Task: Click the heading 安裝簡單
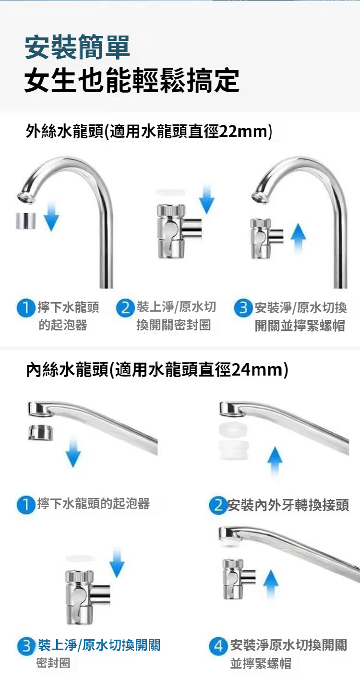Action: [x=77, y=47]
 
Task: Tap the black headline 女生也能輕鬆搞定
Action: [x=132, y=80]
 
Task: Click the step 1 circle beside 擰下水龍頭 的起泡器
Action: [x=26, y=308]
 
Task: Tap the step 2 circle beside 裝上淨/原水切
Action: [x=125, y=308]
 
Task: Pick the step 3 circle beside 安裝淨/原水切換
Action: [x=243, y=308]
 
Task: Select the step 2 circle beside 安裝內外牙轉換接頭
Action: [x=218, y=505]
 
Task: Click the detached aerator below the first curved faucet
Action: [x=26, y=221]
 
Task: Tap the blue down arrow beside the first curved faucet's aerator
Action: [x=51, y=216]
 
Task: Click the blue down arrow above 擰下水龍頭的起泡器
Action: [x=73, y=453]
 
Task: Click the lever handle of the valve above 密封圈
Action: [x=79, y=601]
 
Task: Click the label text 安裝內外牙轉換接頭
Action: [x=288, y=505]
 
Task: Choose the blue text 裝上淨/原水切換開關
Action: [x=99, y=645]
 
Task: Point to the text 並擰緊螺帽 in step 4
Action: [x=261, y=663]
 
